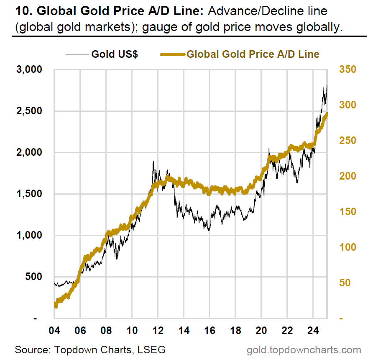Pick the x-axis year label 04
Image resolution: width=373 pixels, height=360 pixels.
[x=54, y=330]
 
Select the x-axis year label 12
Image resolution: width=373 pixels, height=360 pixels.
[x=158, y=330]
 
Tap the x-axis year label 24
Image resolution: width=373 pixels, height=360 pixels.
[x=313, y=330]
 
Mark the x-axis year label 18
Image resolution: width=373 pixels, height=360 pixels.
[x=235, y=330]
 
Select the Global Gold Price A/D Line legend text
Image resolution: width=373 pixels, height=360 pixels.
[x=253, y=54]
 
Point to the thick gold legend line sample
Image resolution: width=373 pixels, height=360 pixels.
[x=173, y=54]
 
